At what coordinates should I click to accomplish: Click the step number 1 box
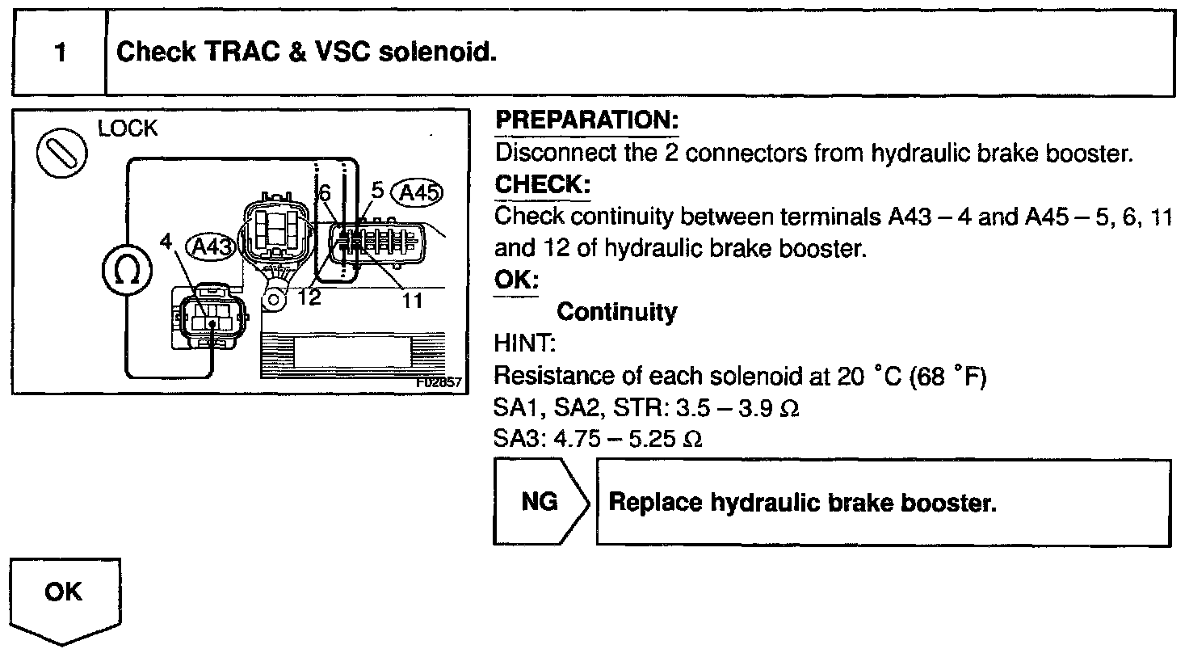click(60, 53)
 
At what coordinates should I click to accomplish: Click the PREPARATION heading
click(586, 121)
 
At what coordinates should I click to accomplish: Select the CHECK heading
click(542, 184)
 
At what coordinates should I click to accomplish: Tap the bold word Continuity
click(617, 312)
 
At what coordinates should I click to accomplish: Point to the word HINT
click(523, 344)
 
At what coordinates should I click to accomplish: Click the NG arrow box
click(540, 502)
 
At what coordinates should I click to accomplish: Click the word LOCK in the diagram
click(128, 129)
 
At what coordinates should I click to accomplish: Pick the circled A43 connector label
click(212, 246)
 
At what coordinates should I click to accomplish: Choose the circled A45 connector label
click(417, 193)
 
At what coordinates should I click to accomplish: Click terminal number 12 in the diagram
click(309, 297)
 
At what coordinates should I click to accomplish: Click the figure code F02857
click(439, 382)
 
